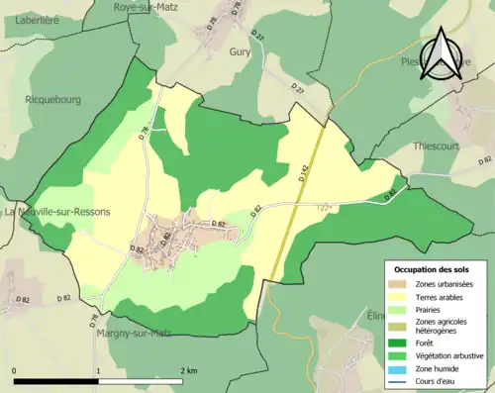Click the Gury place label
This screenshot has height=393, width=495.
pyautogui.click(x=240, y=51)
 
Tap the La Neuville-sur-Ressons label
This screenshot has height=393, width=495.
pyautogui.click(x=57, y=212)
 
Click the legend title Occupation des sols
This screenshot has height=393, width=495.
pyautogui.click(x=435, y=269)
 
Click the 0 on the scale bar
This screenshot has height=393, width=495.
pyautogui.click(x=15, y=370)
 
